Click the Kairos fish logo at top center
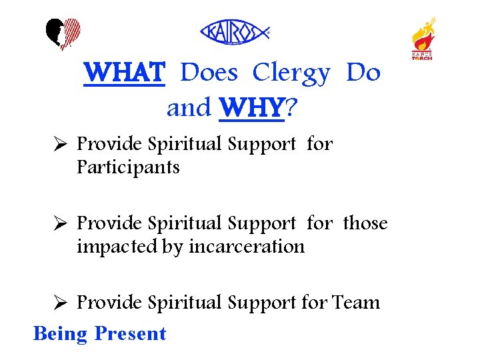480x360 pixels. coord(235,32)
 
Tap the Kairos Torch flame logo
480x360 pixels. coord(423,38)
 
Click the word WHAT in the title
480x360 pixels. coord(123,73)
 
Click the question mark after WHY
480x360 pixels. coord(291,107)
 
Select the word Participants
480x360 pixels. coord(128,167)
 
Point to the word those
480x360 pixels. coord(365,223)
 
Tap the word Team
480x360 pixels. coord(355,303)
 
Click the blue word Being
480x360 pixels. coord(60,333)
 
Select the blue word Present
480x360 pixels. coord(130,333)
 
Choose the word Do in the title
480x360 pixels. coord(363,73)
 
